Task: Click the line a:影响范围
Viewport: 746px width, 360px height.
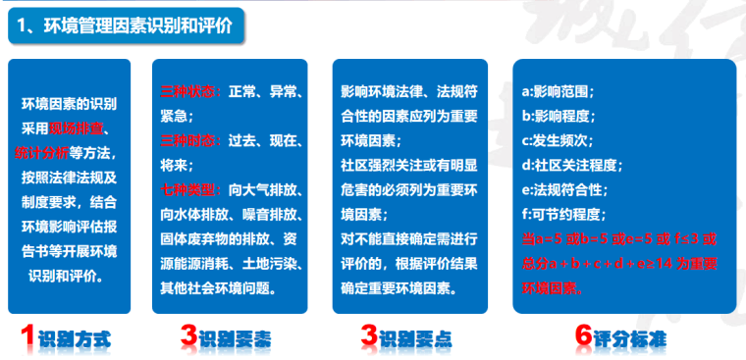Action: coord(557,92)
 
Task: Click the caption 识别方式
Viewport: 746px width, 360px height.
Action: coord(75,339)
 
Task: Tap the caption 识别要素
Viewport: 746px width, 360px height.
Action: coord(236,339)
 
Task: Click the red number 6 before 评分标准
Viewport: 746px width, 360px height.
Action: coord(585,336)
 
